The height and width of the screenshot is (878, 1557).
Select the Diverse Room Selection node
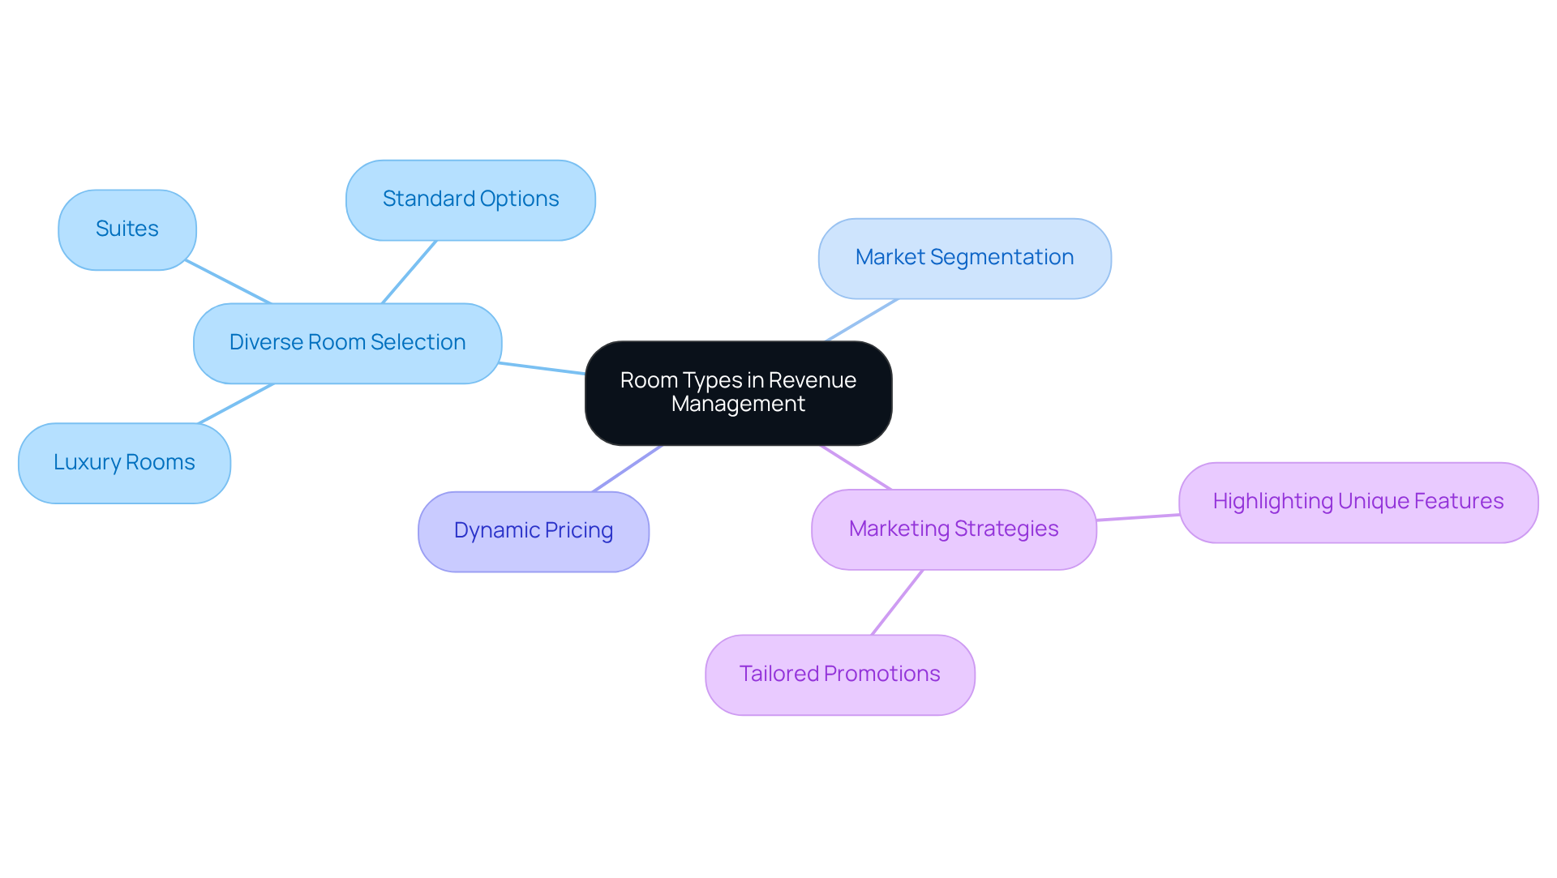347,343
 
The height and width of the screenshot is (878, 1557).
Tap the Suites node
127,229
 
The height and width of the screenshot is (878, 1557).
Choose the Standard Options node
470,199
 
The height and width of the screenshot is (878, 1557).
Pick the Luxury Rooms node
124,463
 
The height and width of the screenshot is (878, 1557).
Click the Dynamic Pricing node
533,531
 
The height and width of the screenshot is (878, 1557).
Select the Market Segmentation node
964,258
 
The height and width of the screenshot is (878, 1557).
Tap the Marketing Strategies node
954,529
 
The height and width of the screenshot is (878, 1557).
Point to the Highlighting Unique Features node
1358,502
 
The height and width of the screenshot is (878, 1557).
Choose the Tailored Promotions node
839,675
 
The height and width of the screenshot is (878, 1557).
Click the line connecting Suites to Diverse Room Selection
228,281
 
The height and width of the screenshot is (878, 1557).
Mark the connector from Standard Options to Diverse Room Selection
410,272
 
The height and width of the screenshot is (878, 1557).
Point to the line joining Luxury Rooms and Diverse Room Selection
236,404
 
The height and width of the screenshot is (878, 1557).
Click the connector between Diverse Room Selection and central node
542,368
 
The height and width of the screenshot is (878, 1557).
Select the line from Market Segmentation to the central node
861,320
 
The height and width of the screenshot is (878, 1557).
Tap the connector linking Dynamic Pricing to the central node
628,468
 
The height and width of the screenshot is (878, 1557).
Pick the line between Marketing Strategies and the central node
856,467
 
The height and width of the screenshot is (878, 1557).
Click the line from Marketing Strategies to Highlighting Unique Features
1138,517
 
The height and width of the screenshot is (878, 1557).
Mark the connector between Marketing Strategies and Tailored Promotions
897,602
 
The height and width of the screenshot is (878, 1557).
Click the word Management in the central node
738,405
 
